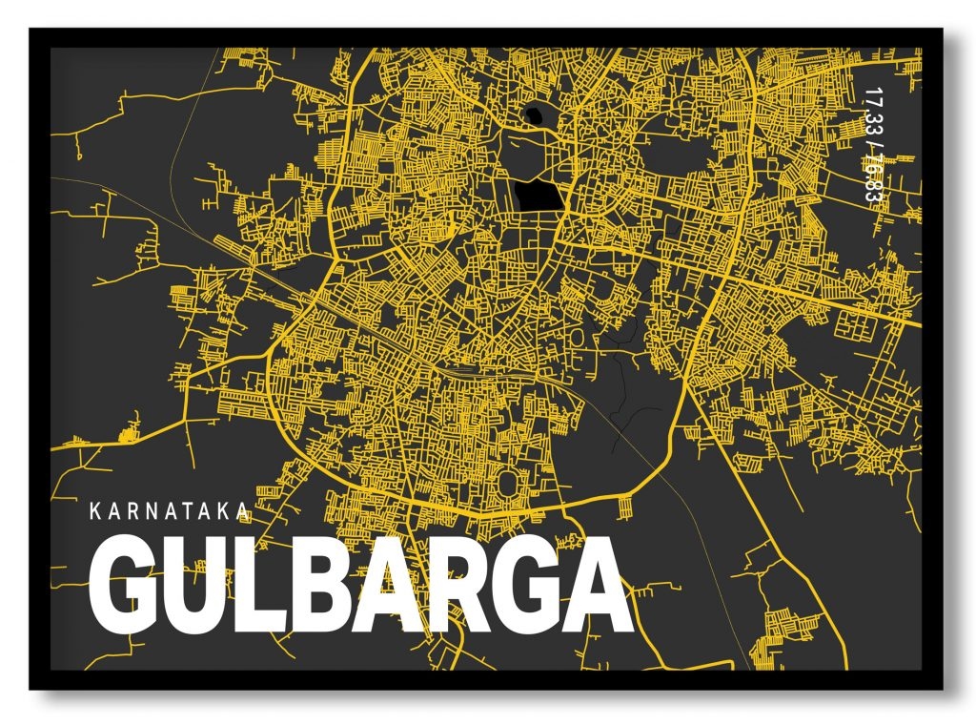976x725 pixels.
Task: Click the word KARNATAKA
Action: pos(169,511)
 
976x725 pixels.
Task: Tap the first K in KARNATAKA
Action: pos(94,511)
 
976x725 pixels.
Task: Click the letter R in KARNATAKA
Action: pos(132,511)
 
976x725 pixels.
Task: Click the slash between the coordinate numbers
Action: pos(870,143)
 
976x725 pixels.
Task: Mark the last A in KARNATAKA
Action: pos(242,511)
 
